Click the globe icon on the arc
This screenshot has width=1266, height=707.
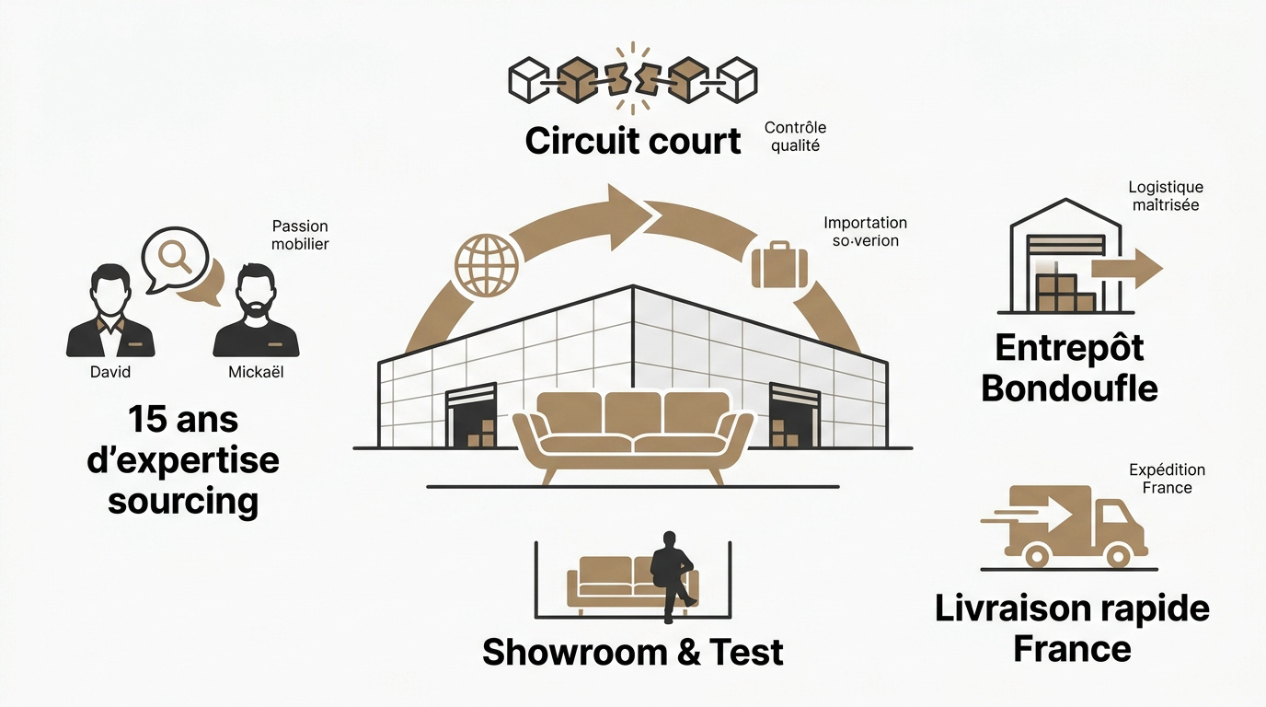486,265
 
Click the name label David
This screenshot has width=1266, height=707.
110,372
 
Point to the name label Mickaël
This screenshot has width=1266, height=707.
255,372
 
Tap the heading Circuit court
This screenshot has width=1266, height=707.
633,141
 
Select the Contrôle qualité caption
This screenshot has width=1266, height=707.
795,136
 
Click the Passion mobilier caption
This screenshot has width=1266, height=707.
300,235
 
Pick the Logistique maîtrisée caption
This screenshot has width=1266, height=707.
1166,196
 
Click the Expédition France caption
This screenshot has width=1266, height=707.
1167,479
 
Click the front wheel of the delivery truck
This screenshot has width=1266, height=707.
1119,555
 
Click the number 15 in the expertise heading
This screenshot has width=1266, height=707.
147,420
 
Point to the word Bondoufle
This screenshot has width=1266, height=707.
1069,388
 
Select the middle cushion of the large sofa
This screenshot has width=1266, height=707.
633,414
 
